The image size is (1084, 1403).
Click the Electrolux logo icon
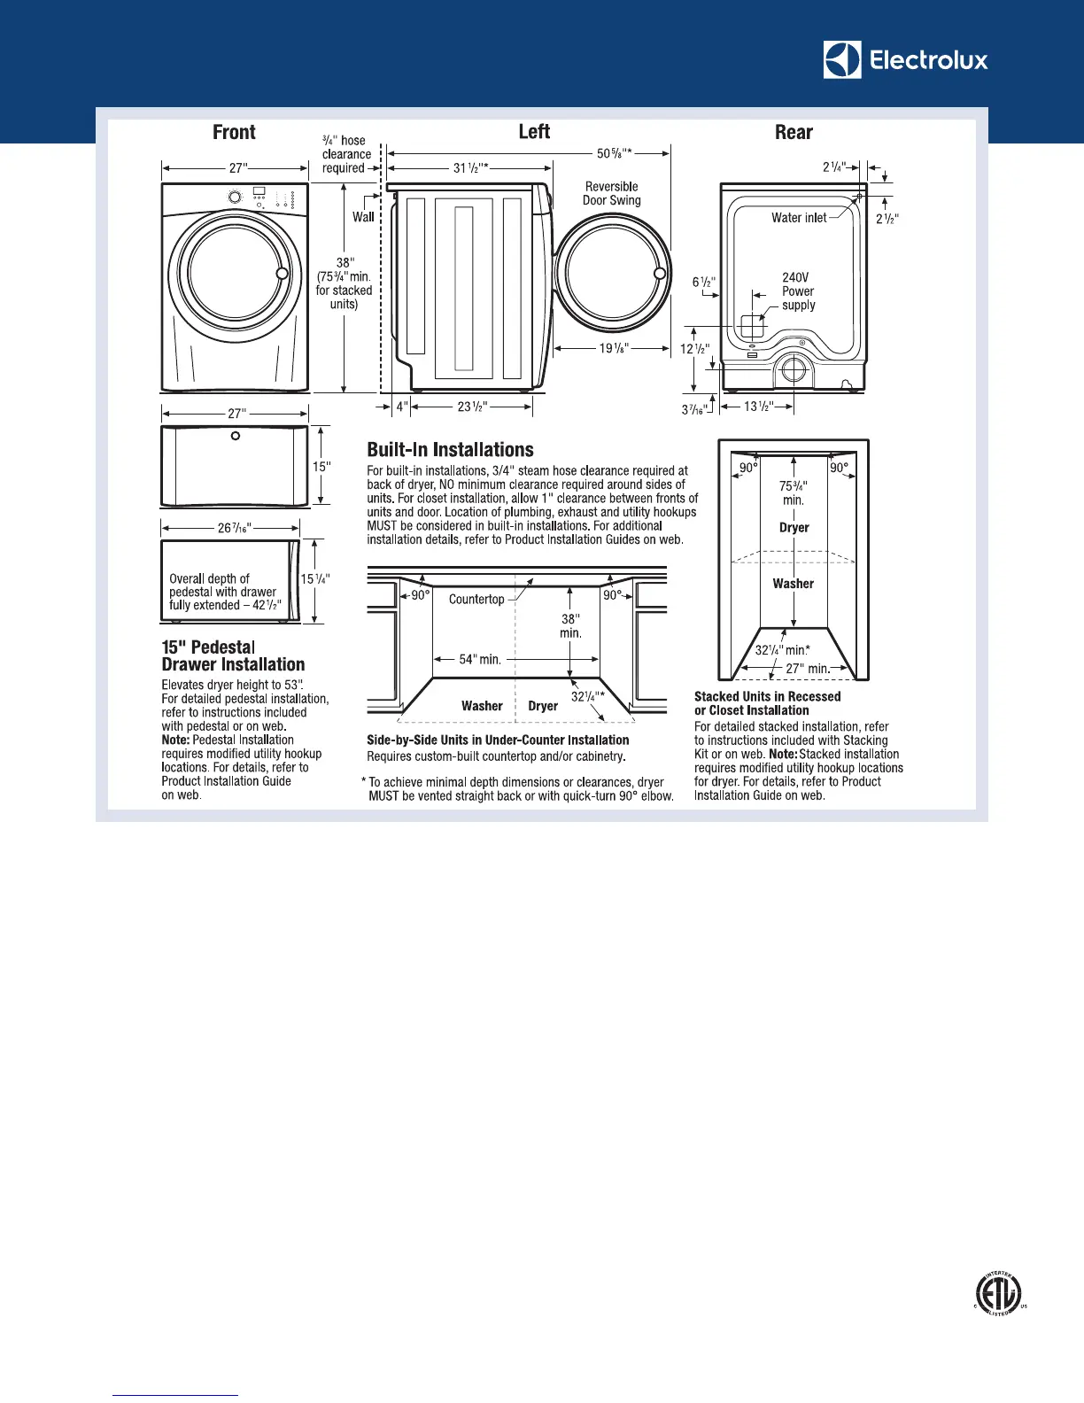(841, 60)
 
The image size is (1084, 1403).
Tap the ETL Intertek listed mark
(999, 1294)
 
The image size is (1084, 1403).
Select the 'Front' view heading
(234, 133)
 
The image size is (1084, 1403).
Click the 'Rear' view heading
(794, 133)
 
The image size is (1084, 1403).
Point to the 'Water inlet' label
(798, 218)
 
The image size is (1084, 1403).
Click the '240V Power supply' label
(797, 291)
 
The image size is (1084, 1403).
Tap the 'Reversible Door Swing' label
(612, 194)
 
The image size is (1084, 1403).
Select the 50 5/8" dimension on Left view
(614, 153)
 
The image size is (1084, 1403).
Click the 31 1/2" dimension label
(470, 167)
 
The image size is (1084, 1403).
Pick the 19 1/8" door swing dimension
(614, 348)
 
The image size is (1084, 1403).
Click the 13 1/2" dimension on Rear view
(758, 407)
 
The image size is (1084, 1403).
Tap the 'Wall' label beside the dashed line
(363, 217)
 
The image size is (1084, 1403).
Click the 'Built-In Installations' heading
(450, 450)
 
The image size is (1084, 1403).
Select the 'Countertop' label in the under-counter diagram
(476, 600)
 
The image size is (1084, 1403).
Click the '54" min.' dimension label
(480, 659)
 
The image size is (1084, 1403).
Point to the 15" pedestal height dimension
(321, 467)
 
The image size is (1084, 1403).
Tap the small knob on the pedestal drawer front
(235, 436)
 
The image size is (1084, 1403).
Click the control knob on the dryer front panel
(235, 197)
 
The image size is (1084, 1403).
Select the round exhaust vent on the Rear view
(794, 369)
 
